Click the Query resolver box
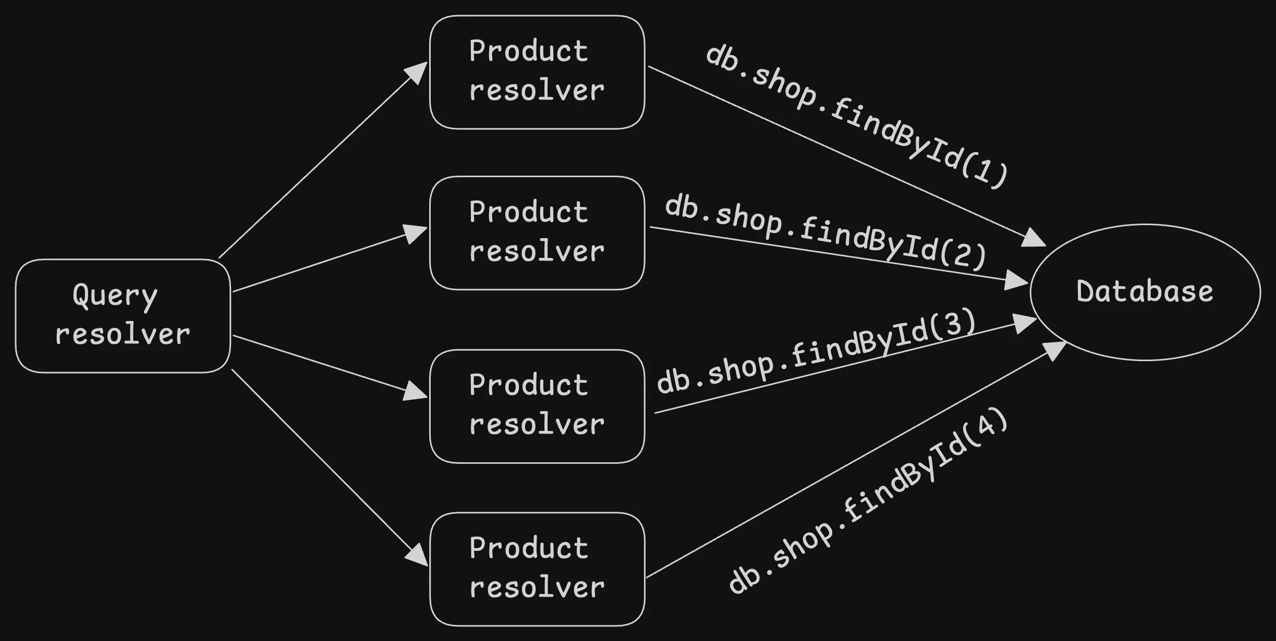click(123, 316)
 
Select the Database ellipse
click(1145, 292)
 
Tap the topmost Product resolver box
click(537, 72)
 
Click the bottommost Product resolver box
click(537, 569)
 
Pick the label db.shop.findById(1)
click(855, 116)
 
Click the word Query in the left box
click(115, 296)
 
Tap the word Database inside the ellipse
click(1145, 291)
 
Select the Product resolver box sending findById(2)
click(537, 233)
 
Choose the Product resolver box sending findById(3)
click(537, 406)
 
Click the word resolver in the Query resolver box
click(123, 335)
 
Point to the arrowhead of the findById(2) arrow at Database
click(1016, 280)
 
